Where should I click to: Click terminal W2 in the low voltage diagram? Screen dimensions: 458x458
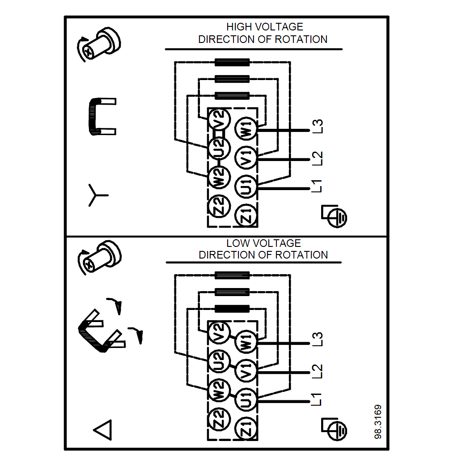click(x=219, y=390)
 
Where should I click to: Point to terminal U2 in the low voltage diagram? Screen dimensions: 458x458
click(x=219, y=360)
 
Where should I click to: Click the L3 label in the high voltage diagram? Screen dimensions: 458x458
click(x=318, y=127)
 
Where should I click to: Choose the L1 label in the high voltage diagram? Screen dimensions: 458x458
click(x=318, y=186)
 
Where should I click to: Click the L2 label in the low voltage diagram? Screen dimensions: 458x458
click(x=318, y=371)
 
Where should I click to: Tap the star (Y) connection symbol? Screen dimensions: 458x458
click(x=97, y=195)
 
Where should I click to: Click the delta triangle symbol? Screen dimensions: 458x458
click(x=102, y=430)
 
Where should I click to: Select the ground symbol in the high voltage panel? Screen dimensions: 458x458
click(x=335, y=216)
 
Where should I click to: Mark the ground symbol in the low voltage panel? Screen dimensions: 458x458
click(x=335, y=428)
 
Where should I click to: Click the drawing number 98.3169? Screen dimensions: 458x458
click(x=378, y=422)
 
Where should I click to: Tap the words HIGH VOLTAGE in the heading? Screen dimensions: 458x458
click(x=264, y=27)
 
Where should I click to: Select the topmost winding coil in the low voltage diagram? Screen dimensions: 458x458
click(x=232, y=275)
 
